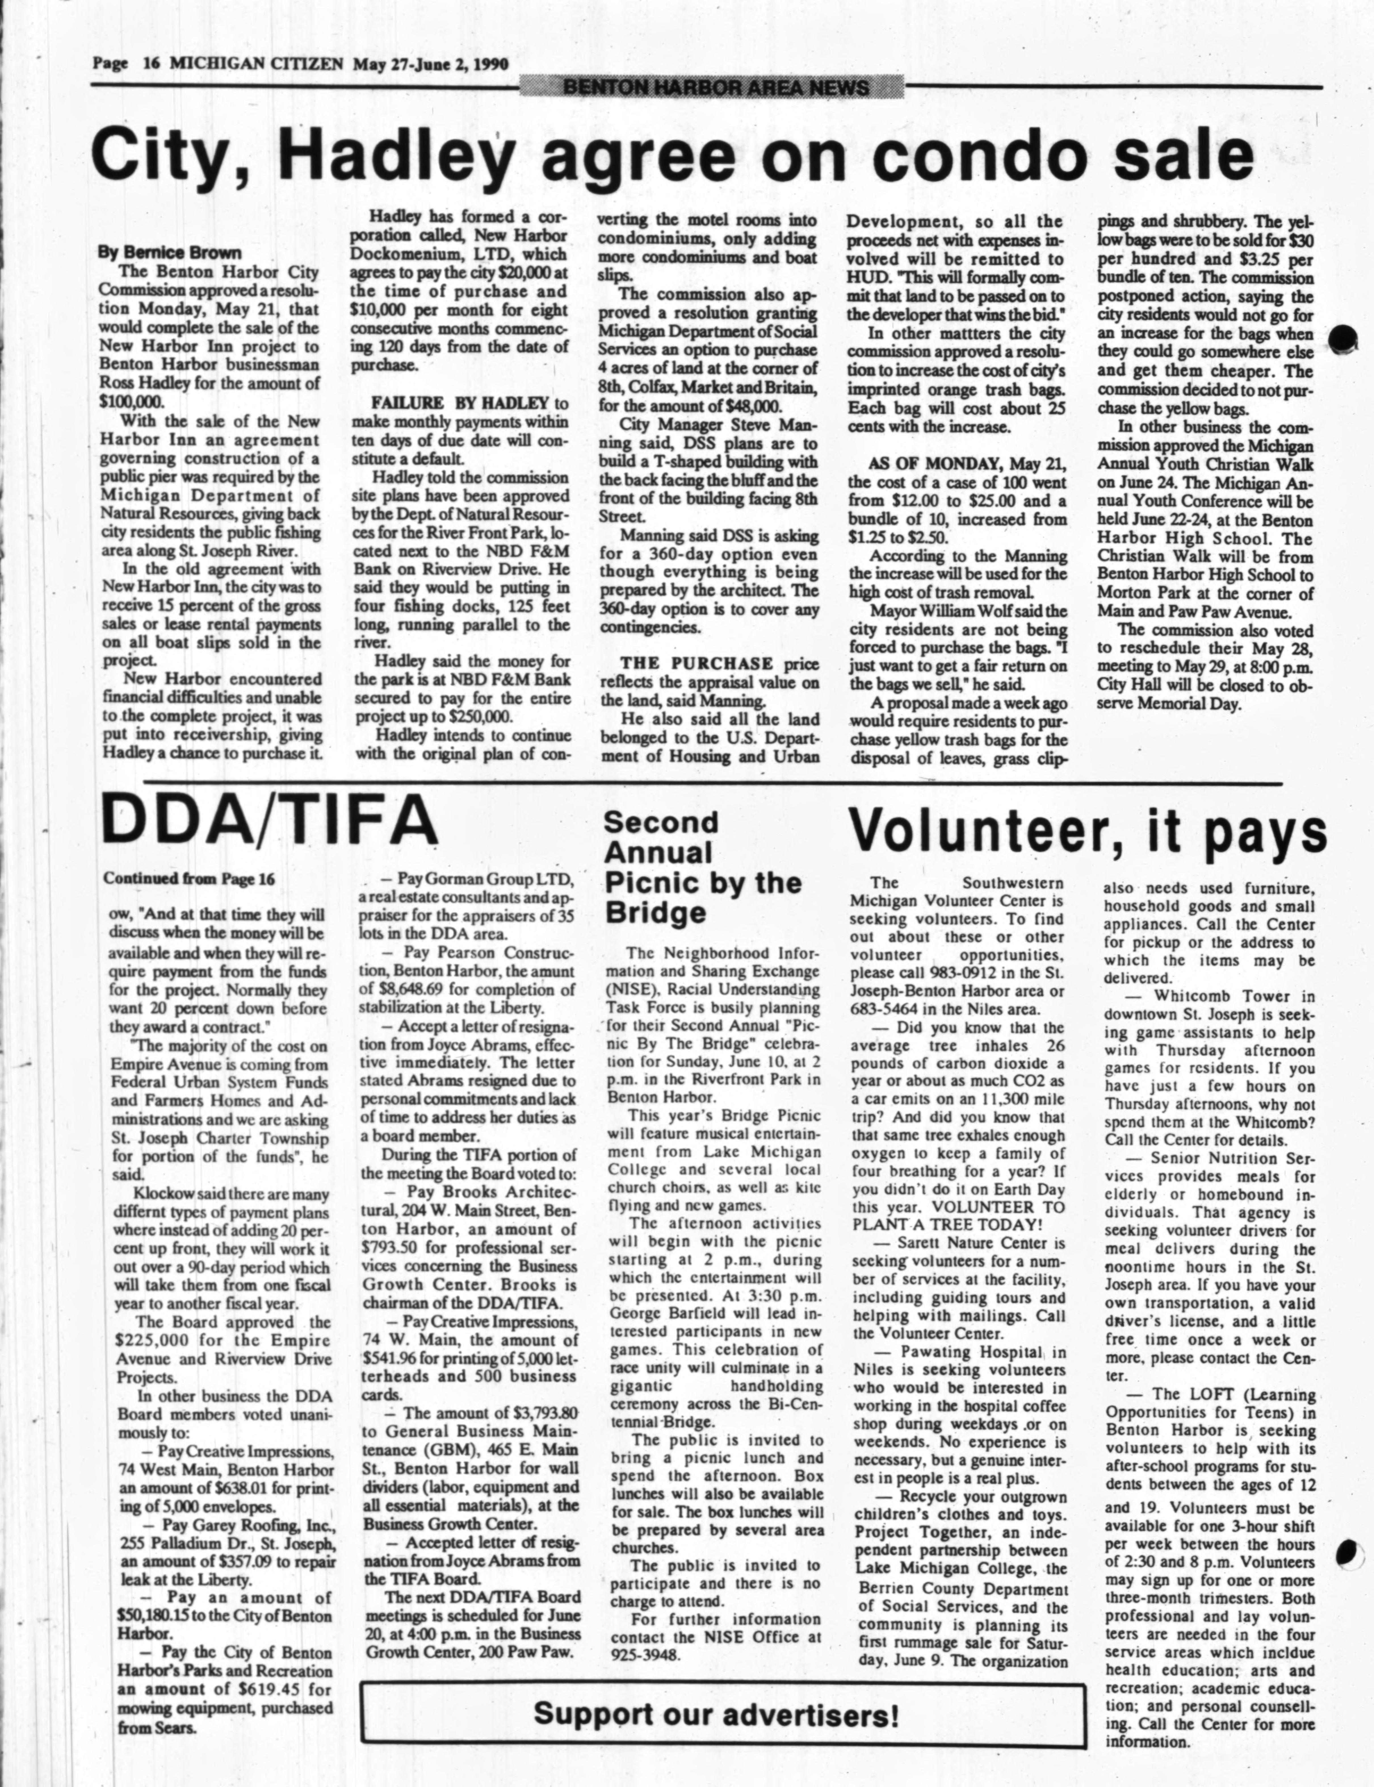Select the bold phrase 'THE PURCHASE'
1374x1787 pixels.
[x=697, y=663]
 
